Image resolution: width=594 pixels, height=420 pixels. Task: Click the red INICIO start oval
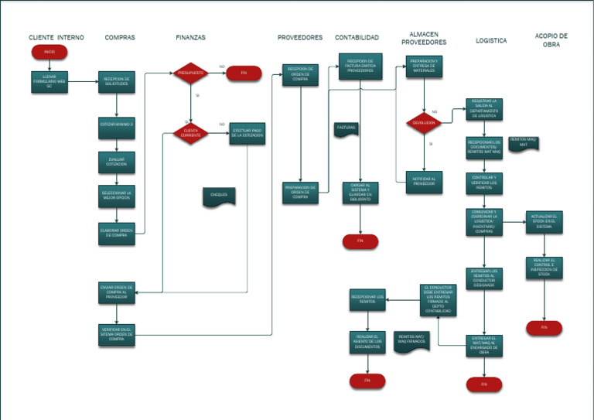click(49, 52)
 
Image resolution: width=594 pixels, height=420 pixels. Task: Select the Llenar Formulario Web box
click(49, 82)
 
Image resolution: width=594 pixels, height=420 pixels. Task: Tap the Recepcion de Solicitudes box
click(117, 82)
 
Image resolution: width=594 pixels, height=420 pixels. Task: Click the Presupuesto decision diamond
click(190, 73)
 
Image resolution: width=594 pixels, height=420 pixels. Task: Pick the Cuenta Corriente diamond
click(190, 133)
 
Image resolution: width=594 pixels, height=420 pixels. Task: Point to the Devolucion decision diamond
click(424, 122)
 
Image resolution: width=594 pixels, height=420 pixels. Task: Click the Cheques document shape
click(219, 196)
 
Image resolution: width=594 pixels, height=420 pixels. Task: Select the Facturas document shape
click(346, 130)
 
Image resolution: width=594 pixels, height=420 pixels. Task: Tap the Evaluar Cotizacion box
click(117, 162)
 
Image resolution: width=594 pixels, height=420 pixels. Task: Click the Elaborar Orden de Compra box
click(117, 233)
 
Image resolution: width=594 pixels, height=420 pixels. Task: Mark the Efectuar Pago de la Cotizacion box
click(247, 133)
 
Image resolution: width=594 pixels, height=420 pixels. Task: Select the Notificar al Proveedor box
click(424, 182)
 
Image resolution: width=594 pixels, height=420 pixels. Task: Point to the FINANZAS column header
click(190, 37)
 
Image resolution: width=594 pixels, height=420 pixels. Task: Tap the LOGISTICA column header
click(491, 40)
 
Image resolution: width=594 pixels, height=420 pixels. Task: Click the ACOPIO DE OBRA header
click(551, 40)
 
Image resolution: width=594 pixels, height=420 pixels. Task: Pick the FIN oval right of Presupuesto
click(244, 73)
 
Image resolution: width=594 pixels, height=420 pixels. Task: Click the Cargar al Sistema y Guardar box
click(360, 193)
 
